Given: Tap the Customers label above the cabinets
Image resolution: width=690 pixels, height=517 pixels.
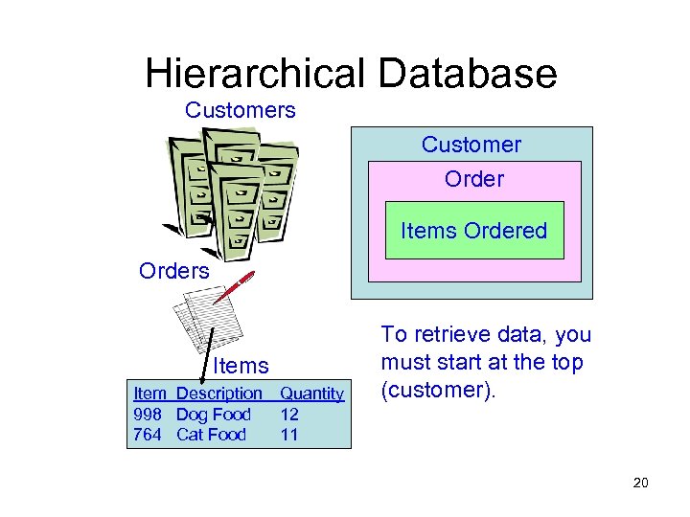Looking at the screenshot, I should [x=241, y=110].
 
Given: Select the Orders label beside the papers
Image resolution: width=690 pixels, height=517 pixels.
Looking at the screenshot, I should [x=173, y=271].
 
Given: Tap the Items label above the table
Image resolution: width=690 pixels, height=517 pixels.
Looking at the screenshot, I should [x=241, y=365].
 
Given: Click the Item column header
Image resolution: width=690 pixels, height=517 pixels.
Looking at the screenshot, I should [x=149, y=393].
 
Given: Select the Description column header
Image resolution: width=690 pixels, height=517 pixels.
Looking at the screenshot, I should [x=219, y=393].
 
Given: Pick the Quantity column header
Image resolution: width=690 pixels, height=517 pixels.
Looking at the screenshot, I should [x=311, y=393].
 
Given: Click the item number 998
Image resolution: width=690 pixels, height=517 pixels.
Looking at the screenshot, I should [x=149, y=415].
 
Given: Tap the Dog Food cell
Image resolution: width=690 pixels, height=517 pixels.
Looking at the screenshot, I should [x=214, y=415].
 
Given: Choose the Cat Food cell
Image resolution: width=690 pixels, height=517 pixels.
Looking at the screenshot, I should [x=212, y=435].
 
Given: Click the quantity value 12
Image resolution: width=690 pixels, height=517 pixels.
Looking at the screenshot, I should [x=289, y=415].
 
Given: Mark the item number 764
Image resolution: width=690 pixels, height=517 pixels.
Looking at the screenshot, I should [x=149, y=435].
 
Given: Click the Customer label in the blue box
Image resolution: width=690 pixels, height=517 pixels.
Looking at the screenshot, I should [x=471, y=145].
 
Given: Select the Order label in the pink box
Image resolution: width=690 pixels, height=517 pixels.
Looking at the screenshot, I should [x=474, y=179].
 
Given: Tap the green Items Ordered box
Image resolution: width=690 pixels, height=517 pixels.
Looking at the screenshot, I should [x=474, y=231].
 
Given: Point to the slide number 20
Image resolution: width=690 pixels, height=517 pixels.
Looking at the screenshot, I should [x=641, y=483].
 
